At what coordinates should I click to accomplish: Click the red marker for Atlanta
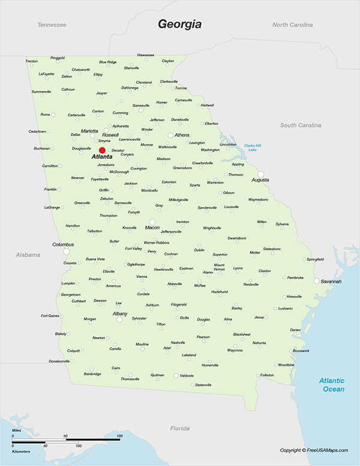click(x=102, y=150)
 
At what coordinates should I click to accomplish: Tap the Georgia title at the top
click(x=179, y=24)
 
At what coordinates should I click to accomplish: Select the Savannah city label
click(x=331, y=282)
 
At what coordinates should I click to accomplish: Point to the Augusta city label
click(x=260, y=180)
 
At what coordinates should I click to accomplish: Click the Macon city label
click(x=152, y=228)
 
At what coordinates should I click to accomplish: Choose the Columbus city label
click(x=63, y=244)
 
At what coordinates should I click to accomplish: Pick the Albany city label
click(x=120, y=313)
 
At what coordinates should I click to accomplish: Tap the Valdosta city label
click(x=187, y=375)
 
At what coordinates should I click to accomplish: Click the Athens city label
click(x=182, y=135)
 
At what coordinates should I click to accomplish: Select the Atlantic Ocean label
click(x=332, y=385)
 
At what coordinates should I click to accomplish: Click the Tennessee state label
click(x=52, y=25)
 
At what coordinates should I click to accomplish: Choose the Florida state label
click(x=180, y=428)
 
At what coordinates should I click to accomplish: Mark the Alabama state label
click(x=28, y=255)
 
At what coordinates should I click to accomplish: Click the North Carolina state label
click(x=293, y=25)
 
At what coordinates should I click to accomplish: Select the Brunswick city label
click(x=301, y=351)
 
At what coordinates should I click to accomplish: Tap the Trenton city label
click(x=32, y=61)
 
